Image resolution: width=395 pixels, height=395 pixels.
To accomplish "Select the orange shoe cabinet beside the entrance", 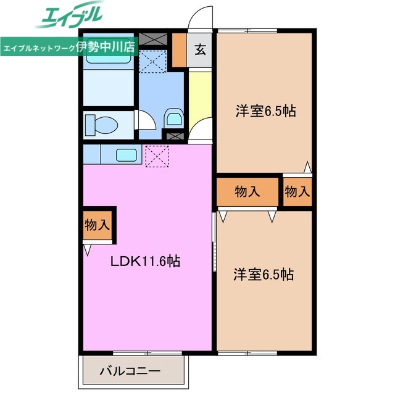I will [179, 49].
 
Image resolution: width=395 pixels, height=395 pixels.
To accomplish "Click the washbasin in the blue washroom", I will [173, 117].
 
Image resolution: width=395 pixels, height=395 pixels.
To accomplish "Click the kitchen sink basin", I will [126, 154].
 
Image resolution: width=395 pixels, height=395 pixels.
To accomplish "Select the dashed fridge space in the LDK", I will [156, 156].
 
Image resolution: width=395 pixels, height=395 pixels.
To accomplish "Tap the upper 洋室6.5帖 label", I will [265, 111].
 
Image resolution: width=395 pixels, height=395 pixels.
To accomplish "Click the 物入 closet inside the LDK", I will [97, 225].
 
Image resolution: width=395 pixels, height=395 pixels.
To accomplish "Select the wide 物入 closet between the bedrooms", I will [247, 192].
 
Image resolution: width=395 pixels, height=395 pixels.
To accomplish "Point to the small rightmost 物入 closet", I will [297, 192].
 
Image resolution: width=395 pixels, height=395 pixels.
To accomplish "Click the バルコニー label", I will [130, 373].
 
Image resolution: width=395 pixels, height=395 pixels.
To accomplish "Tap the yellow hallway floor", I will [199, 99].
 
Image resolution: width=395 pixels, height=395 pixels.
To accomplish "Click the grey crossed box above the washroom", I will [152, 39].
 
